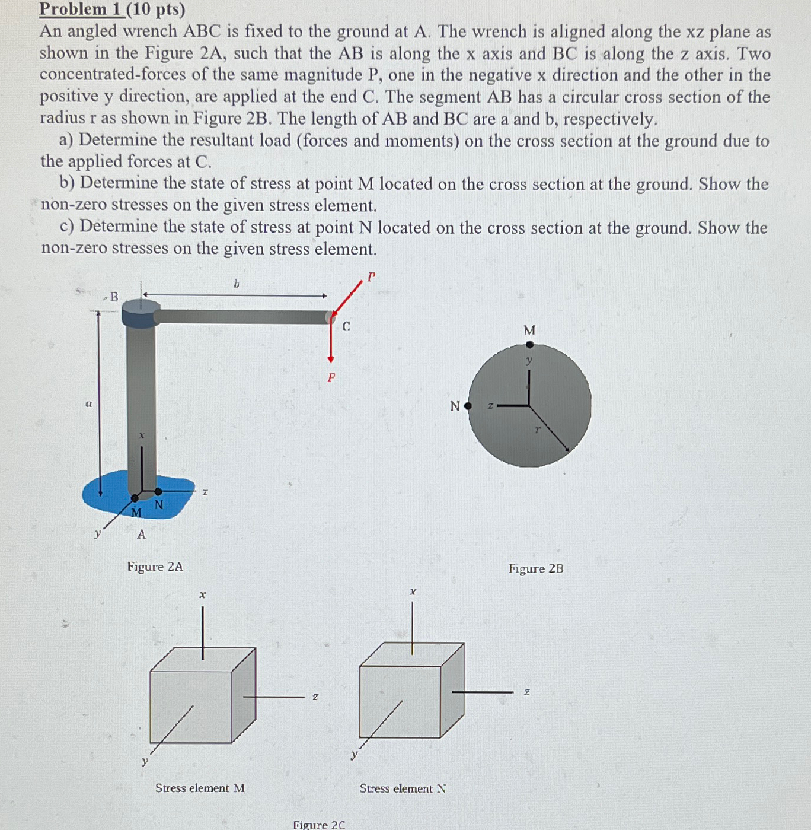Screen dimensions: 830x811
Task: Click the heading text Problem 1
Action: coord(82,9)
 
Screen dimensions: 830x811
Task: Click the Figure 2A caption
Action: coord(155,567)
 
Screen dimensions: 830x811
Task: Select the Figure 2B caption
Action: coord(535,568)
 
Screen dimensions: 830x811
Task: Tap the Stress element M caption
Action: coord(200,788)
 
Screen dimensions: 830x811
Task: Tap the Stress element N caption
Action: coord(403,788)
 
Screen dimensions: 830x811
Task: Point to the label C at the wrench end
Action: coord(347,326)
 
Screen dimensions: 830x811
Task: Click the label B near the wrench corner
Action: coord(114,297)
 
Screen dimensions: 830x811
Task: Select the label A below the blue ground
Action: coord(141,534)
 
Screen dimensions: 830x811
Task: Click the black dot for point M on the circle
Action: coord(529,344)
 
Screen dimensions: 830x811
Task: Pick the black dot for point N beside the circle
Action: coord(468,406)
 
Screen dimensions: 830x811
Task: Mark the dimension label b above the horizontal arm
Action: coord(236,284)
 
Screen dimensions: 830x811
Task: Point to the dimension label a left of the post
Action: coord(88,404)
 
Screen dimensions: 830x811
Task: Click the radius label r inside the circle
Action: coord(537,430)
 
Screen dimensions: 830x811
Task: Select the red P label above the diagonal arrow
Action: coord(372,276)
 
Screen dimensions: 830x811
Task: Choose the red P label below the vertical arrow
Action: coord(331,377)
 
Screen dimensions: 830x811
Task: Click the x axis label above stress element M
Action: coord(202,594)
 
